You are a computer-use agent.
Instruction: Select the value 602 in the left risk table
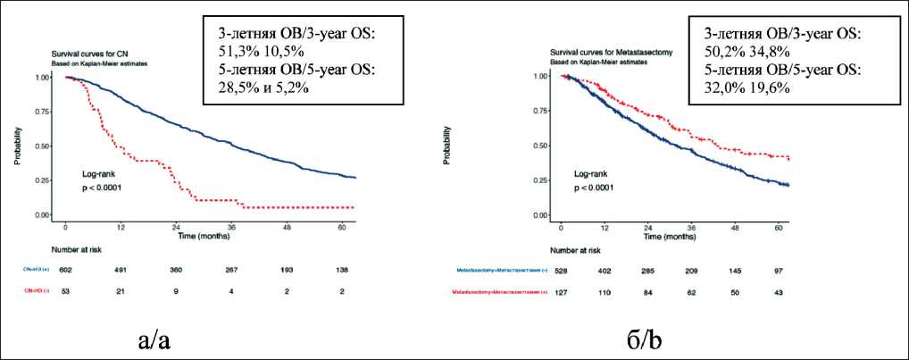click(66, 268)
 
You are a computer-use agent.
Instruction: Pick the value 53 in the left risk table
click(66, 290)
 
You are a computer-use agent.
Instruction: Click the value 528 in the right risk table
click(563, 269)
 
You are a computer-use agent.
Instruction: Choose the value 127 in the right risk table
click(563, 291)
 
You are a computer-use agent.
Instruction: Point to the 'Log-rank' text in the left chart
click(97, 174)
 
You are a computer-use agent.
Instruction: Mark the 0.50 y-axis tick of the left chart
click(41, 147)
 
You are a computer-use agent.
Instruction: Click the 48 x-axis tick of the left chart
click(286, 227)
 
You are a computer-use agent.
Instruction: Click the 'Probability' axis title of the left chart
click(17, 146)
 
